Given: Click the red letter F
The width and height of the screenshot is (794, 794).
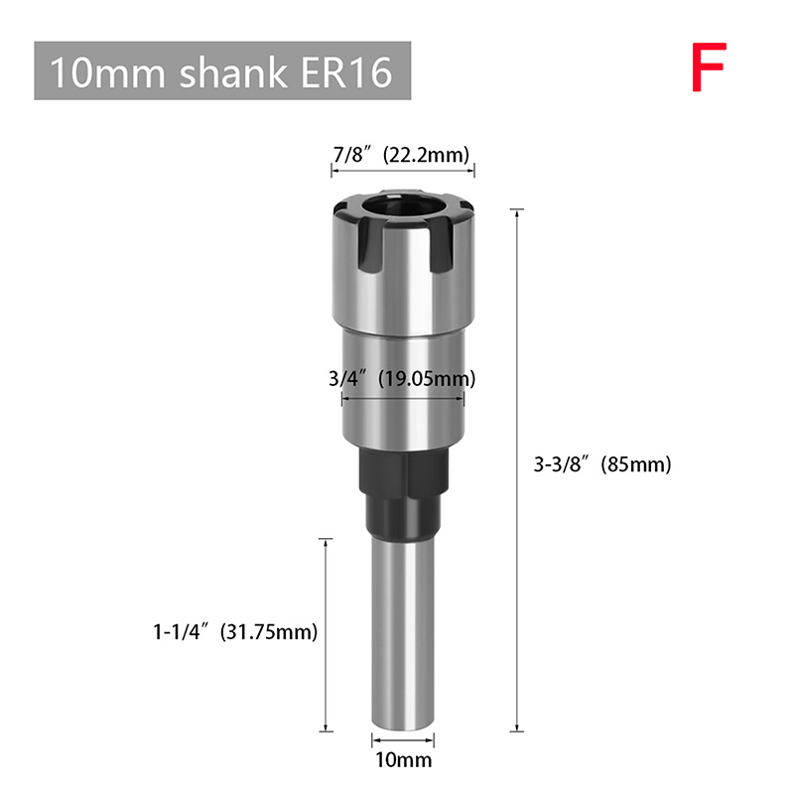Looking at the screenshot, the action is coord(710,66).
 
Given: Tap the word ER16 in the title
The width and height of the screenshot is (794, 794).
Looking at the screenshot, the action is coord(346,71).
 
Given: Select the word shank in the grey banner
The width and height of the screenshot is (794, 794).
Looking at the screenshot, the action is coord(233,71).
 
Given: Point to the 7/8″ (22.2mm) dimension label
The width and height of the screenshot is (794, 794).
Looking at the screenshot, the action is coord(402,155).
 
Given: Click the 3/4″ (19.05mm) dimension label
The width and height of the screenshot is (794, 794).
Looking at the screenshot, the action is coord(402,379).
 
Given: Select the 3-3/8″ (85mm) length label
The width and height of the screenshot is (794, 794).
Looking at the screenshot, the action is coord(602,464).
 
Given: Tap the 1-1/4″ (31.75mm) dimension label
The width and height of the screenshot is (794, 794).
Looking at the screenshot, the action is coord(235,631).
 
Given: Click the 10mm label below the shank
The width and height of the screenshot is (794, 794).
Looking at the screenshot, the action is coord(404,759).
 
